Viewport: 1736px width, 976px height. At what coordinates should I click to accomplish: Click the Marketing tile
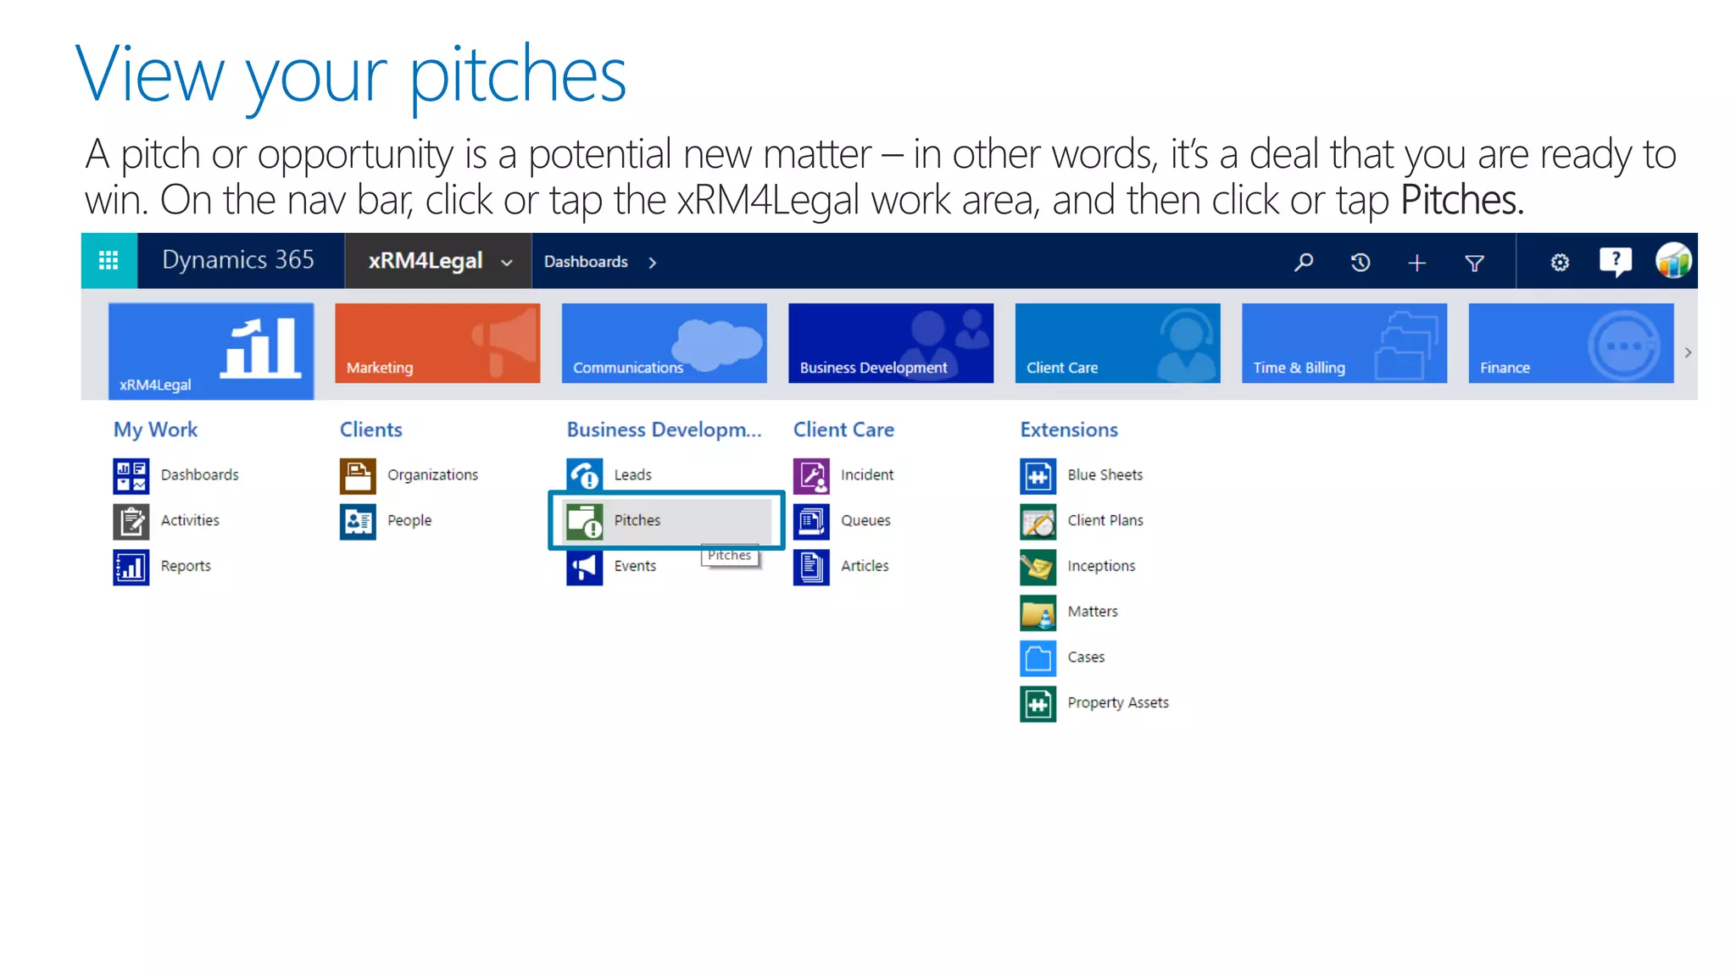(x=437, y=343)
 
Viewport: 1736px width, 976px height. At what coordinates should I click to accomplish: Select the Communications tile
(x=664, y=343)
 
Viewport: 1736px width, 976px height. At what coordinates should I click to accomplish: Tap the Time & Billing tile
(x=1344, y=343)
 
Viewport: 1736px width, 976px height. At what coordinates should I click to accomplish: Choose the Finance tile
(x=1570, y=343)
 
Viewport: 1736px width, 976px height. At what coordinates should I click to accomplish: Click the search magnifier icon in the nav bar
(x=1304, y=262)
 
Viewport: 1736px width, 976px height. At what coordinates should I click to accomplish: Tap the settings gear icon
(x=1560, y=263)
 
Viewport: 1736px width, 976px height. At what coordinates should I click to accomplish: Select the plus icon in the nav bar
(x=1417, y=263)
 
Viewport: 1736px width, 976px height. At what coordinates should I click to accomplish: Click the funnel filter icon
(x=1475, y=263)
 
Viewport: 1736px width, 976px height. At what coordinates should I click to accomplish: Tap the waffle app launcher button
(x=108, y=260)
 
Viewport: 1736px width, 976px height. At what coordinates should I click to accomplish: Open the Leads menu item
(x=632, y=475)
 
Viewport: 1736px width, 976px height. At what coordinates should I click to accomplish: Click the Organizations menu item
(x=432, y=475)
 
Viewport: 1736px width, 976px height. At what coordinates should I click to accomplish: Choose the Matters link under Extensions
(x=1093, y=612)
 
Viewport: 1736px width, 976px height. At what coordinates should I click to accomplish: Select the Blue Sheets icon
(x=1038, y=476)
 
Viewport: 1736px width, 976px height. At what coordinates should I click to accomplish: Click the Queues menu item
(x=865, y=521)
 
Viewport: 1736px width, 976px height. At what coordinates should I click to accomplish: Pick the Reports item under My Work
(x=186, y=567)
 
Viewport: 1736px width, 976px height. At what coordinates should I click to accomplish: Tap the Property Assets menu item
(x=1118, y=703)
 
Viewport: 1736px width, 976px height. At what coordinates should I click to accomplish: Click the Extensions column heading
(x=1069, y=430)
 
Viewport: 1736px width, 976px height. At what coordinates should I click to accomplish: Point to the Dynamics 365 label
(x=238, y=260)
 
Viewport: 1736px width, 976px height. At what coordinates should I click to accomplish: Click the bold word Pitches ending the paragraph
(x=1461, y=201)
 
